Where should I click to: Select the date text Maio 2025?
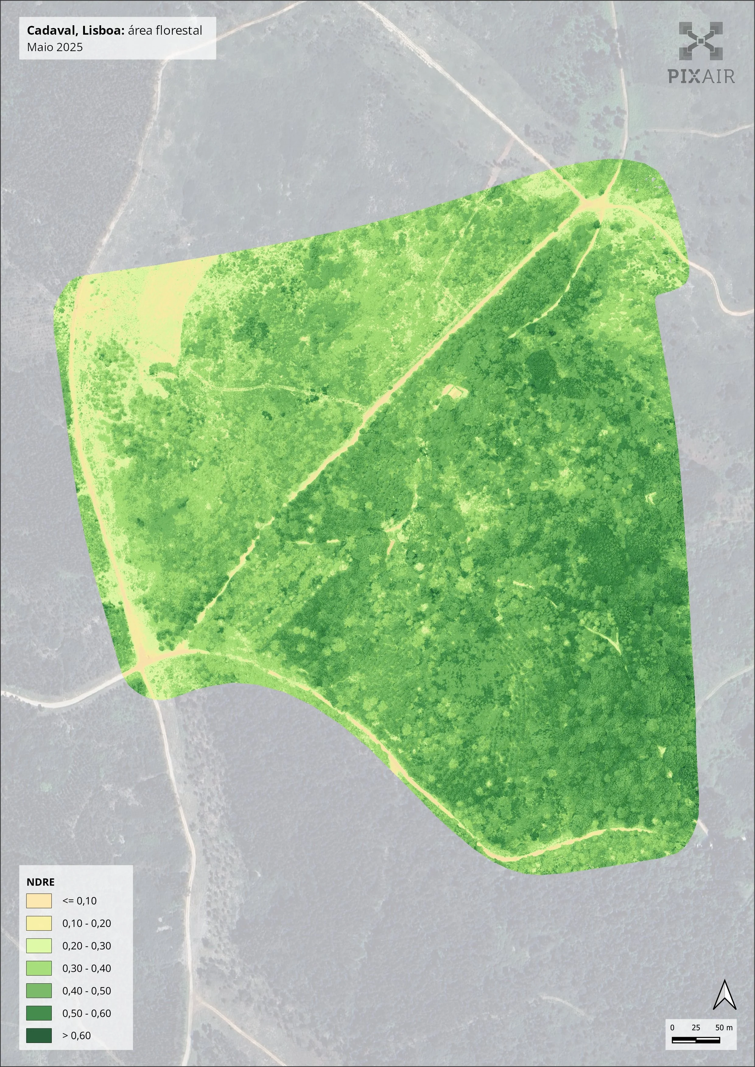pyautogui.click(x=55, y=47)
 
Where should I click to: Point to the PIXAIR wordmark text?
pyautogui.click(x=701, y=76)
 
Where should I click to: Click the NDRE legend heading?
pyautogui.click(x=40, y=882)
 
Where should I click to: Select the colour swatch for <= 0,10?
pyautogui.click(x=39, y=901)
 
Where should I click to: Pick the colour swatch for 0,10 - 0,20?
pyautogui.click(x=39, y=923)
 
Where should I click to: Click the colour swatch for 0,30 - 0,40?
pyautogui.click(x=39, y=968)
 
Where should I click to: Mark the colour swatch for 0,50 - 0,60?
pyautogui.click(x=39, y=1013)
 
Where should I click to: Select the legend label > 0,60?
pyautogui.click(x=77, y=1036)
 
